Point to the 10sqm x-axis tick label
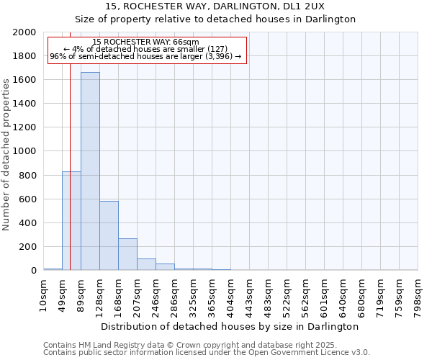click(x=43, y=289)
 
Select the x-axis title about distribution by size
click(x=230, y=326)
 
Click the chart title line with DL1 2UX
click(x=215, y=6)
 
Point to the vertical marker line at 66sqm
click(x=70, y=144)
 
